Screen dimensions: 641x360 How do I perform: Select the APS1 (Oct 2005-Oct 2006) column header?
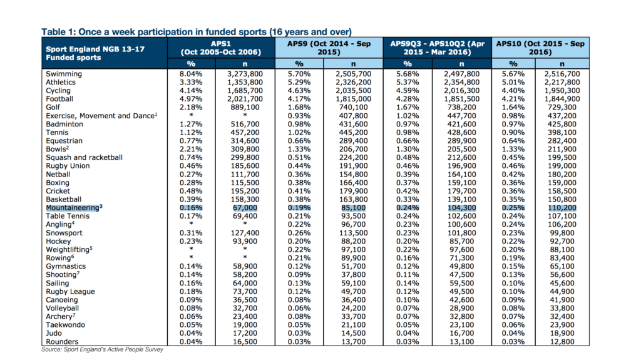coord(221,48)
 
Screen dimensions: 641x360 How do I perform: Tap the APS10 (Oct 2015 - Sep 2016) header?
coord(540,48)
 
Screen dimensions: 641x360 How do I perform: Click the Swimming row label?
coord(64,74)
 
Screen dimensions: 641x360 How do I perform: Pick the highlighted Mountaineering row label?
coord(74,208)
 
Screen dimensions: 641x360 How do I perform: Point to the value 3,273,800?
coord(245,74)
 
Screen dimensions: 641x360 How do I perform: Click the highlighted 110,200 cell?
coord(562,208)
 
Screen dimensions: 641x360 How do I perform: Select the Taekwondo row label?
coord(65,325)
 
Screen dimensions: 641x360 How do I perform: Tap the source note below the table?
coord(102,349)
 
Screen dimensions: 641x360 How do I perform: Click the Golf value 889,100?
coord(245,107)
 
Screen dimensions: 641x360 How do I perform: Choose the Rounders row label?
coord(62,342)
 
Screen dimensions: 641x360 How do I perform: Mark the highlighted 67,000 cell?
coord(245,208)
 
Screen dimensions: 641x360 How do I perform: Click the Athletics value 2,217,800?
coord(562,82)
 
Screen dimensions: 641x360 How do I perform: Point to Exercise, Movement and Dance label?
coord(101,116)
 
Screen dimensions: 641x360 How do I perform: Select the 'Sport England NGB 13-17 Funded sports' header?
coord(95,53)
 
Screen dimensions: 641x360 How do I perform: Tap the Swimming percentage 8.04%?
coord(191,74)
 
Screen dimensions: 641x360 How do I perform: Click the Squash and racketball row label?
coord(85,158)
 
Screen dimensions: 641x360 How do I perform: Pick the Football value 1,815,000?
coord(353,99)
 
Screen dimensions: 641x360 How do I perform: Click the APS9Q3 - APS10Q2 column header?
coord(437,48)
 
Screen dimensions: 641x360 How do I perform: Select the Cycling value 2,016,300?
coord(461,91)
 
